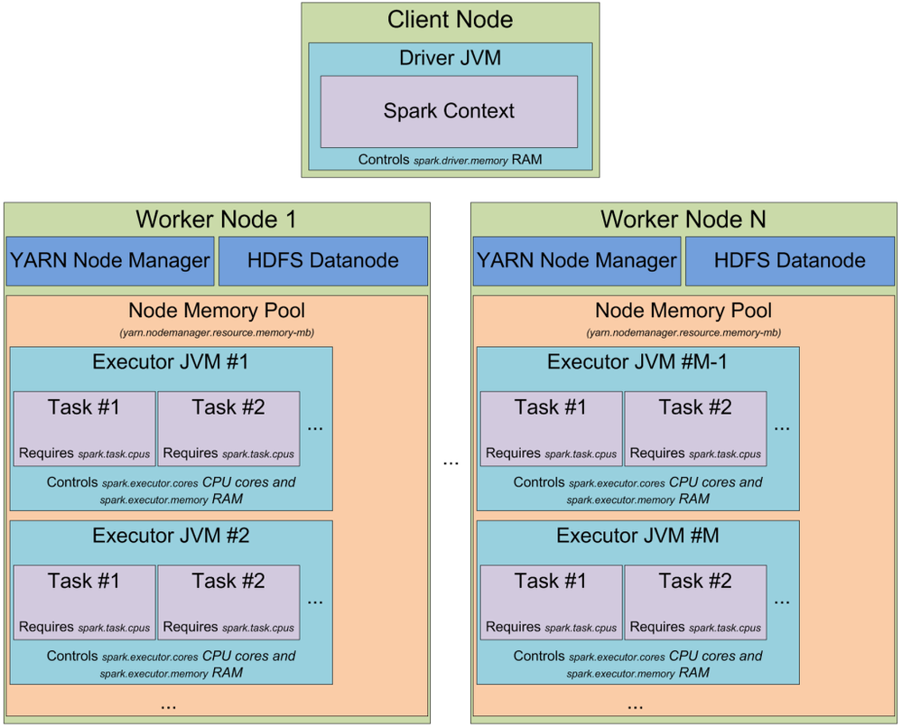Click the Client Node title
tap(450, 19)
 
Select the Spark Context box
tap(449, 111)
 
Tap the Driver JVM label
tap(450, 59)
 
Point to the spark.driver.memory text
tap(460, 160)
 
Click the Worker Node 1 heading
tap(216, 219)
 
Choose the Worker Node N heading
tap(683, 219)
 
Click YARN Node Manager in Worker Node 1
tap(110, 261)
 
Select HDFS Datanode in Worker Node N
tap(789, 261)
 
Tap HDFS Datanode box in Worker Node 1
tap(323, 261)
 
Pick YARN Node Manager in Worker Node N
tap(577, 261)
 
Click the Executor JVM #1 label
tap(171, 362)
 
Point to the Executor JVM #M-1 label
tap(637, 362)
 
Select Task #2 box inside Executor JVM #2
tap(228, 603)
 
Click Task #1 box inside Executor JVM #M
tap(551, 603)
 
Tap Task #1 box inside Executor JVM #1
tap(84, 429)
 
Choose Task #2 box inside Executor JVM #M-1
tap(695, 429)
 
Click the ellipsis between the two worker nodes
tap(451, 462)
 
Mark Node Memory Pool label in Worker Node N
tap(683, 312)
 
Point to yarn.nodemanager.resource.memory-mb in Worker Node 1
tap(217, 332)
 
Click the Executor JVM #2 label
tap(171, 536)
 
